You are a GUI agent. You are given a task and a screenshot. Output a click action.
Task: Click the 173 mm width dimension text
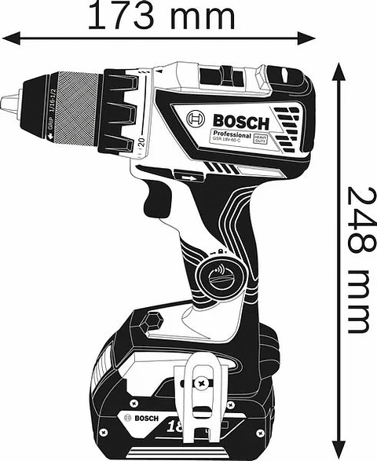[160, 16]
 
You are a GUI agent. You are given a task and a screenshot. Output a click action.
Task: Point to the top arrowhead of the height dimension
[339, 71]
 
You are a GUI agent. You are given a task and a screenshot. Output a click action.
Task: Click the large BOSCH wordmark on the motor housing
[240, 122]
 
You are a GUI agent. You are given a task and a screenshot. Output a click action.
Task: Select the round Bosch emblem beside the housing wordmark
[196, 119]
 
